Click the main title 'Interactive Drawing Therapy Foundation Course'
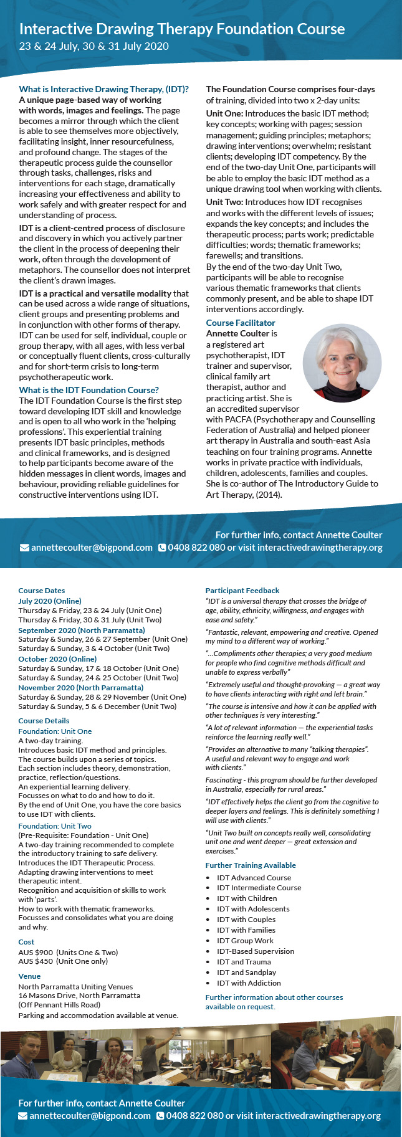pyautogui.click(x=182, y=29)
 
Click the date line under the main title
pyautogui.click(x=94, y=46)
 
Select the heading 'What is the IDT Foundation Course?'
pyautogui.click(x=89, y=390)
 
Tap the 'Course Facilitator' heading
pyautogui.click(x=241, y=323)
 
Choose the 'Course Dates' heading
pyautogui.click(x=42, y=591)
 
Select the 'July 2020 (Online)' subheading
pyautogui.click(x=50, y=601)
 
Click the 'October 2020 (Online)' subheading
pyautogui.click(x=57, y=659)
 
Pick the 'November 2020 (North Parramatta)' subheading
pyautogui.click(x=81, y=687)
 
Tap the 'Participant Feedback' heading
pyautogui.click(x=242, y=591)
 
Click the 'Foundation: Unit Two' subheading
pyautogui.click(x=55, y=825)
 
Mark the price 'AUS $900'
pyautogui.click(x=36, y=953)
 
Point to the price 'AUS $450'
pyautogui.click(x=36, y=961)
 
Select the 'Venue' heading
pyautogui.click(x=29, y=976)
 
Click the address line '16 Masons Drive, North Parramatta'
pyautogui.click(x=79, y=996)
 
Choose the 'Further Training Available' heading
pyautogui.click(x=251, y=865)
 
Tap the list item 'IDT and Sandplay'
pyautogui.click(x=246, y=973)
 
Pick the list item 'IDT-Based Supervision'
pyautogui.click(x=256, y=951)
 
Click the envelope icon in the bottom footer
pyautogui.click(x=23, y=1116)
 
